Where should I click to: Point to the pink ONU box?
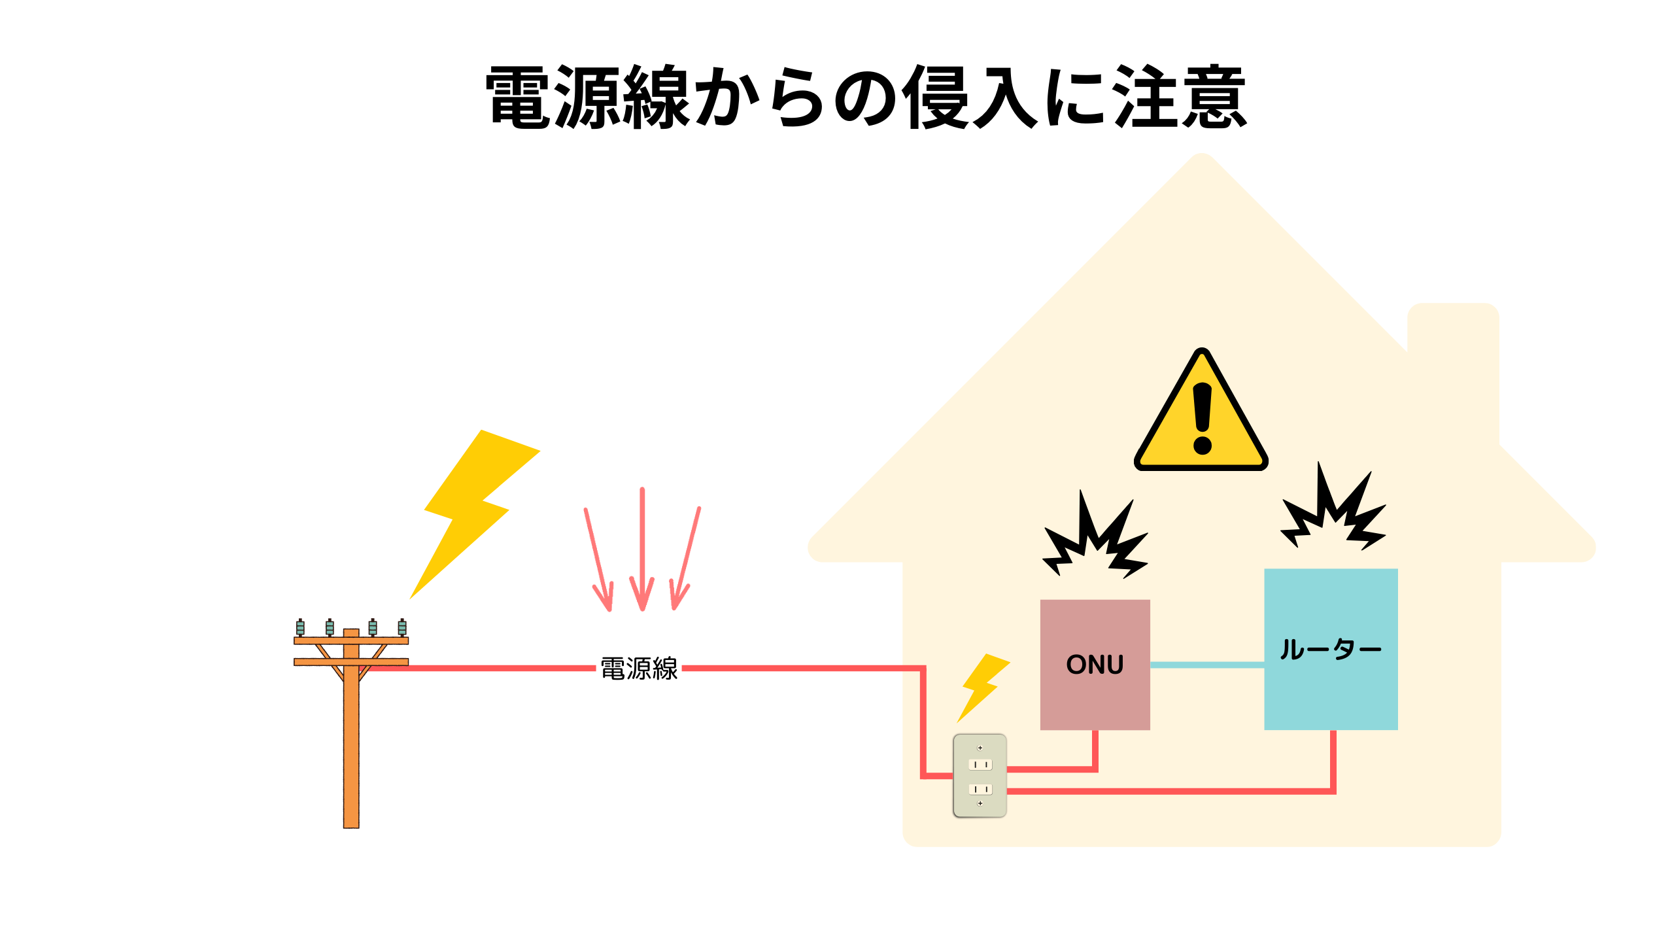coord(1095,664)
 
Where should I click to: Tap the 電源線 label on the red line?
coord(639,669)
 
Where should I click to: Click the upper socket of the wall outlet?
coord(980,764)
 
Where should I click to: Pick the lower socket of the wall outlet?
coord(980,790)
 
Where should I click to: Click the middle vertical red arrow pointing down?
coord(642,549)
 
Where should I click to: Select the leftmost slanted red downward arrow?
coord(599,559)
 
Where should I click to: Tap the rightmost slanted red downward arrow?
coord(686,559)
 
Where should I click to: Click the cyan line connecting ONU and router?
coord(1206,665)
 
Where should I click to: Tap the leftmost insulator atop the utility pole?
coord(300,627)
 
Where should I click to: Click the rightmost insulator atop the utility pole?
coord(402,627)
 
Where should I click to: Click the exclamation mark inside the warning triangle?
coord(1202,419)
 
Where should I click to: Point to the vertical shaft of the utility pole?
coord(351,752)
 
